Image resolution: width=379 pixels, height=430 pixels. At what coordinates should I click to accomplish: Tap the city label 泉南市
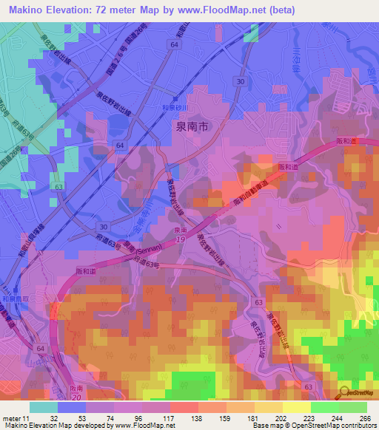point(192,126)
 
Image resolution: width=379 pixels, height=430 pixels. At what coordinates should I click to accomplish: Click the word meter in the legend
point(11,418)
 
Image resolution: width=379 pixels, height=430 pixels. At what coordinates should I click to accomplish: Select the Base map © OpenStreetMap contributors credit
point(313,426)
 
